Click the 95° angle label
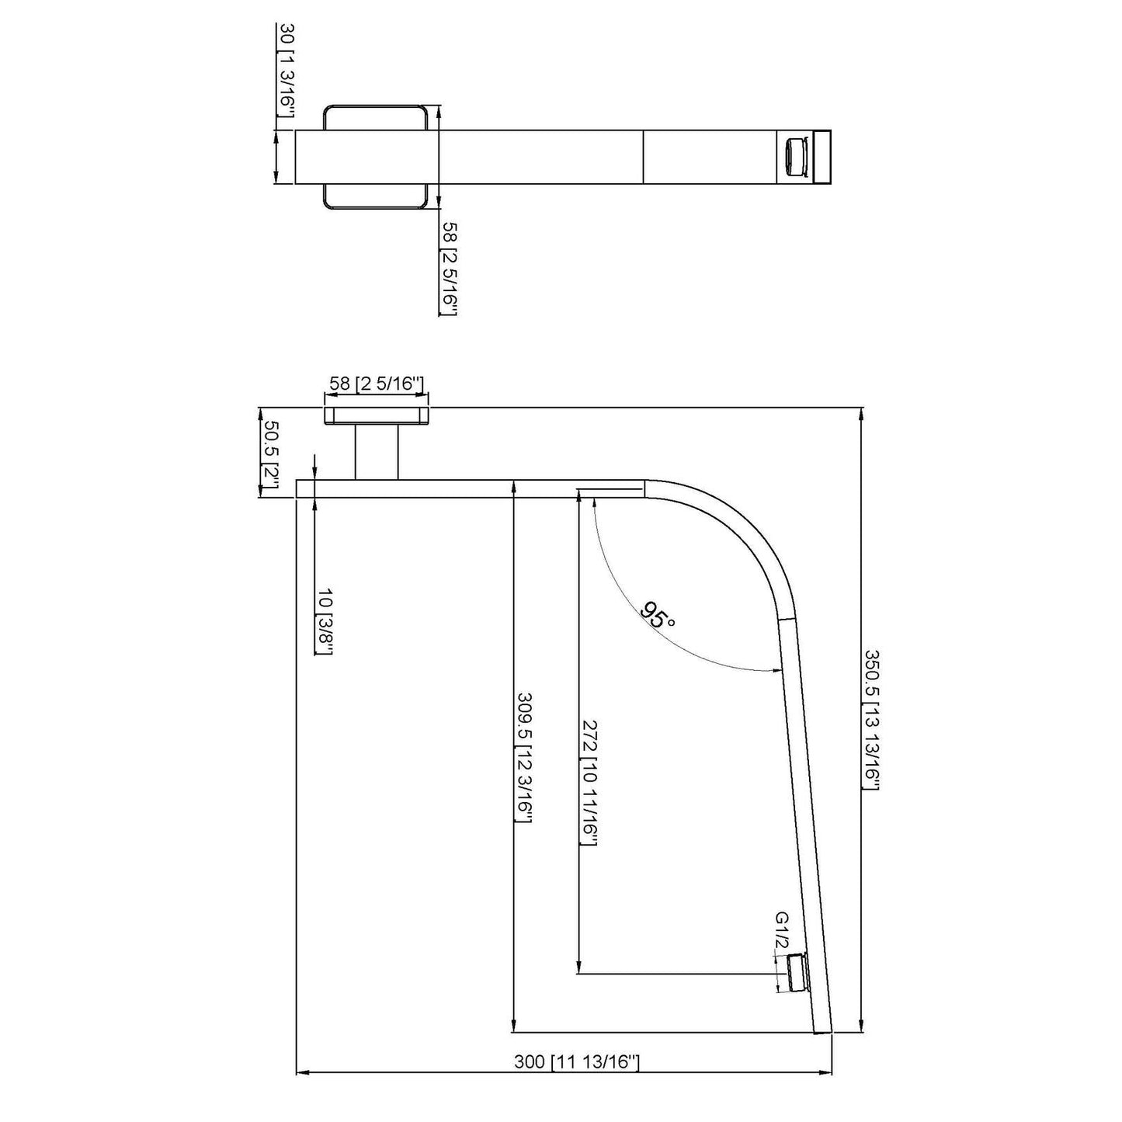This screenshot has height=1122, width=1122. (658, 614)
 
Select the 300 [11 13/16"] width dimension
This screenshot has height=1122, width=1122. (576, 1061)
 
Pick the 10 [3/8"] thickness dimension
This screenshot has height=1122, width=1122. (325, 621)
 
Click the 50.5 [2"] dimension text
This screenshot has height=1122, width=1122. (271, 454)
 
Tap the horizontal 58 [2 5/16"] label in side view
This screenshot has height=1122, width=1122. (376, 384)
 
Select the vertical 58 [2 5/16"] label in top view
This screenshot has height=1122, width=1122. (450, 268)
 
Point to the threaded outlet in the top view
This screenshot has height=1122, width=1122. (794, 157)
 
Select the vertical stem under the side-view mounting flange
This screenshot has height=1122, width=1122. (377, 452)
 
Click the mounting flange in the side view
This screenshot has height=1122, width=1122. (377, 415)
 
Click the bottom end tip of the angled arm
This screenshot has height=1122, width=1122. (822, 1031)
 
